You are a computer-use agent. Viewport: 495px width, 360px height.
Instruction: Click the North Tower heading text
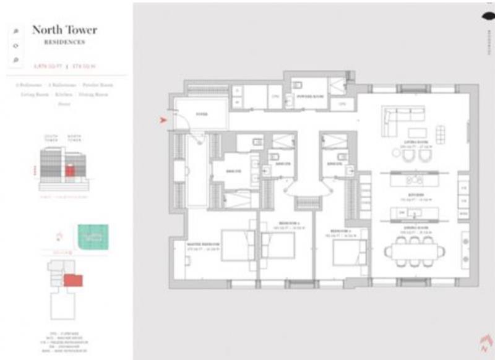[x=64, y=30]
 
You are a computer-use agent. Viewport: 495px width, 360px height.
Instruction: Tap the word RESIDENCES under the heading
[x=64, y=42]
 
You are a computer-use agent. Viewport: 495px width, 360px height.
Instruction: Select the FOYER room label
[x=202, y=114]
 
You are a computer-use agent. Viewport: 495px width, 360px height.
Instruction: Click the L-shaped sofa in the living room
[x=402, y=116]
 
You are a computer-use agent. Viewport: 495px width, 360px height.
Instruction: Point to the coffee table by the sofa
[x=416, y=132]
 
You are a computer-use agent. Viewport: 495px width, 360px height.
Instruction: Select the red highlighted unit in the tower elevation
[x=70, y=170]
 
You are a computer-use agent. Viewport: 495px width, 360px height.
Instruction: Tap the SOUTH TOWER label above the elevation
[x=51, y=139]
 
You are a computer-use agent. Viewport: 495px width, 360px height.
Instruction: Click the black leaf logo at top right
[x=486, y=18]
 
